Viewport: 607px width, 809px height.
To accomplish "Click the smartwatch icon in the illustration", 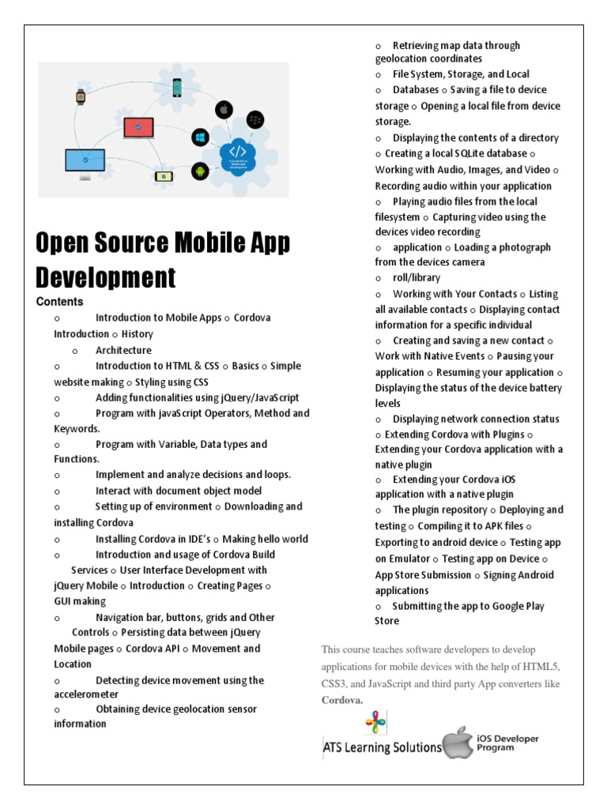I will coord(80,97).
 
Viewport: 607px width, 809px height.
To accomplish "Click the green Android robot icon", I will coord(200,171).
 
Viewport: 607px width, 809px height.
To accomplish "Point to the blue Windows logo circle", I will coord(200,137).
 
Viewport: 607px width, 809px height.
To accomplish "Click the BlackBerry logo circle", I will coord(254,120).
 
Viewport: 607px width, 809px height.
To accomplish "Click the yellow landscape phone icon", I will coord(164,176).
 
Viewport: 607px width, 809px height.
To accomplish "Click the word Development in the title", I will coord(106,277).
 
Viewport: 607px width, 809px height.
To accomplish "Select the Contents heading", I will coord(59,302).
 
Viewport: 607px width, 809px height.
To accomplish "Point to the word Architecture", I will coord(123,350).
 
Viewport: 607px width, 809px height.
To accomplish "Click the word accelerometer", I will coord(86,694).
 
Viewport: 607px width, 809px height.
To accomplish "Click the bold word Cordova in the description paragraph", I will coord(341,700).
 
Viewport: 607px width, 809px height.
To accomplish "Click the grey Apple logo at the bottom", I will coord(456,743).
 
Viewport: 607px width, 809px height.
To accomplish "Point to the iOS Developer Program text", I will coord(507,743).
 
